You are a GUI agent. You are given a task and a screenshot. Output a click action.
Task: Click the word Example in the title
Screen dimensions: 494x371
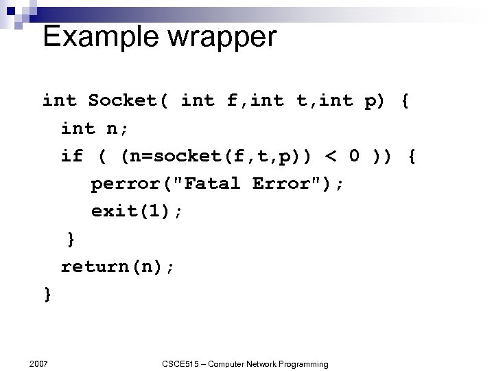[x=93, y=36]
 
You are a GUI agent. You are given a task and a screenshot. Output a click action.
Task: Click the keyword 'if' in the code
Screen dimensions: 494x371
[x=71, y=156]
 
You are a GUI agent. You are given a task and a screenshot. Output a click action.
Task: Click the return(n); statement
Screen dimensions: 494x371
[x=117, y=267]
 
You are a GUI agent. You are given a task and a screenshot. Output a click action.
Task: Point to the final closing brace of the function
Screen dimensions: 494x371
[x=47, y=294]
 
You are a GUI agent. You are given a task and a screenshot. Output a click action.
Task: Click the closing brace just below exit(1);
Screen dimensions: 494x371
[x=71, y=239]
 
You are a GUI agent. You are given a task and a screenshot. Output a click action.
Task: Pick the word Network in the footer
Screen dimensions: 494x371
[x=255, y=363]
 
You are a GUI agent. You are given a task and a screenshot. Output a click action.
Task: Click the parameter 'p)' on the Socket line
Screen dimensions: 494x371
[x=376, y=101]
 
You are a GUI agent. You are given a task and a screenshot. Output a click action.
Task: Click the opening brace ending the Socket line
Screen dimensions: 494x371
[x=405, y=101]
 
